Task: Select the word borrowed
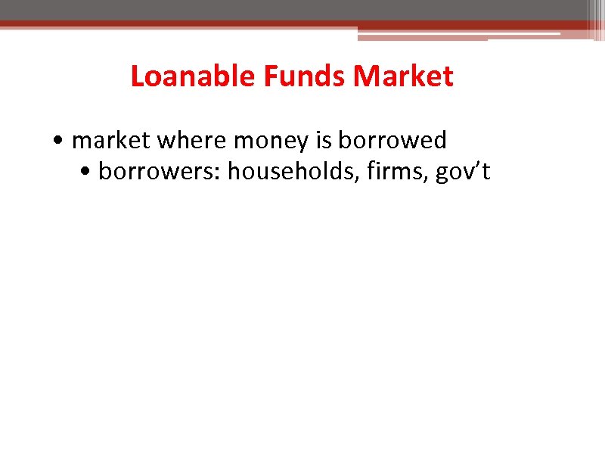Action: coord(392,141)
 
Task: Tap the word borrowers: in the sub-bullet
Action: coord(160,172)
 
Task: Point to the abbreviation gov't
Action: coord(462,173)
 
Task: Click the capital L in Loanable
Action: coord(137,76)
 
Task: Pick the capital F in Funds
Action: coord(270,76)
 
